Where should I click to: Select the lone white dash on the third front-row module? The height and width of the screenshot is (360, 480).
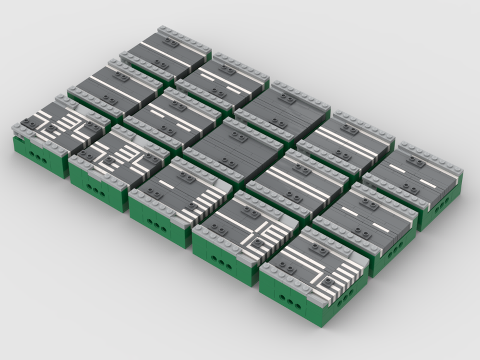point(166,184)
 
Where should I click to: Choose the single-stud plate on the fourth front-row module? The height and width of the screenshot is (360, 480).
point(258,242)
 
